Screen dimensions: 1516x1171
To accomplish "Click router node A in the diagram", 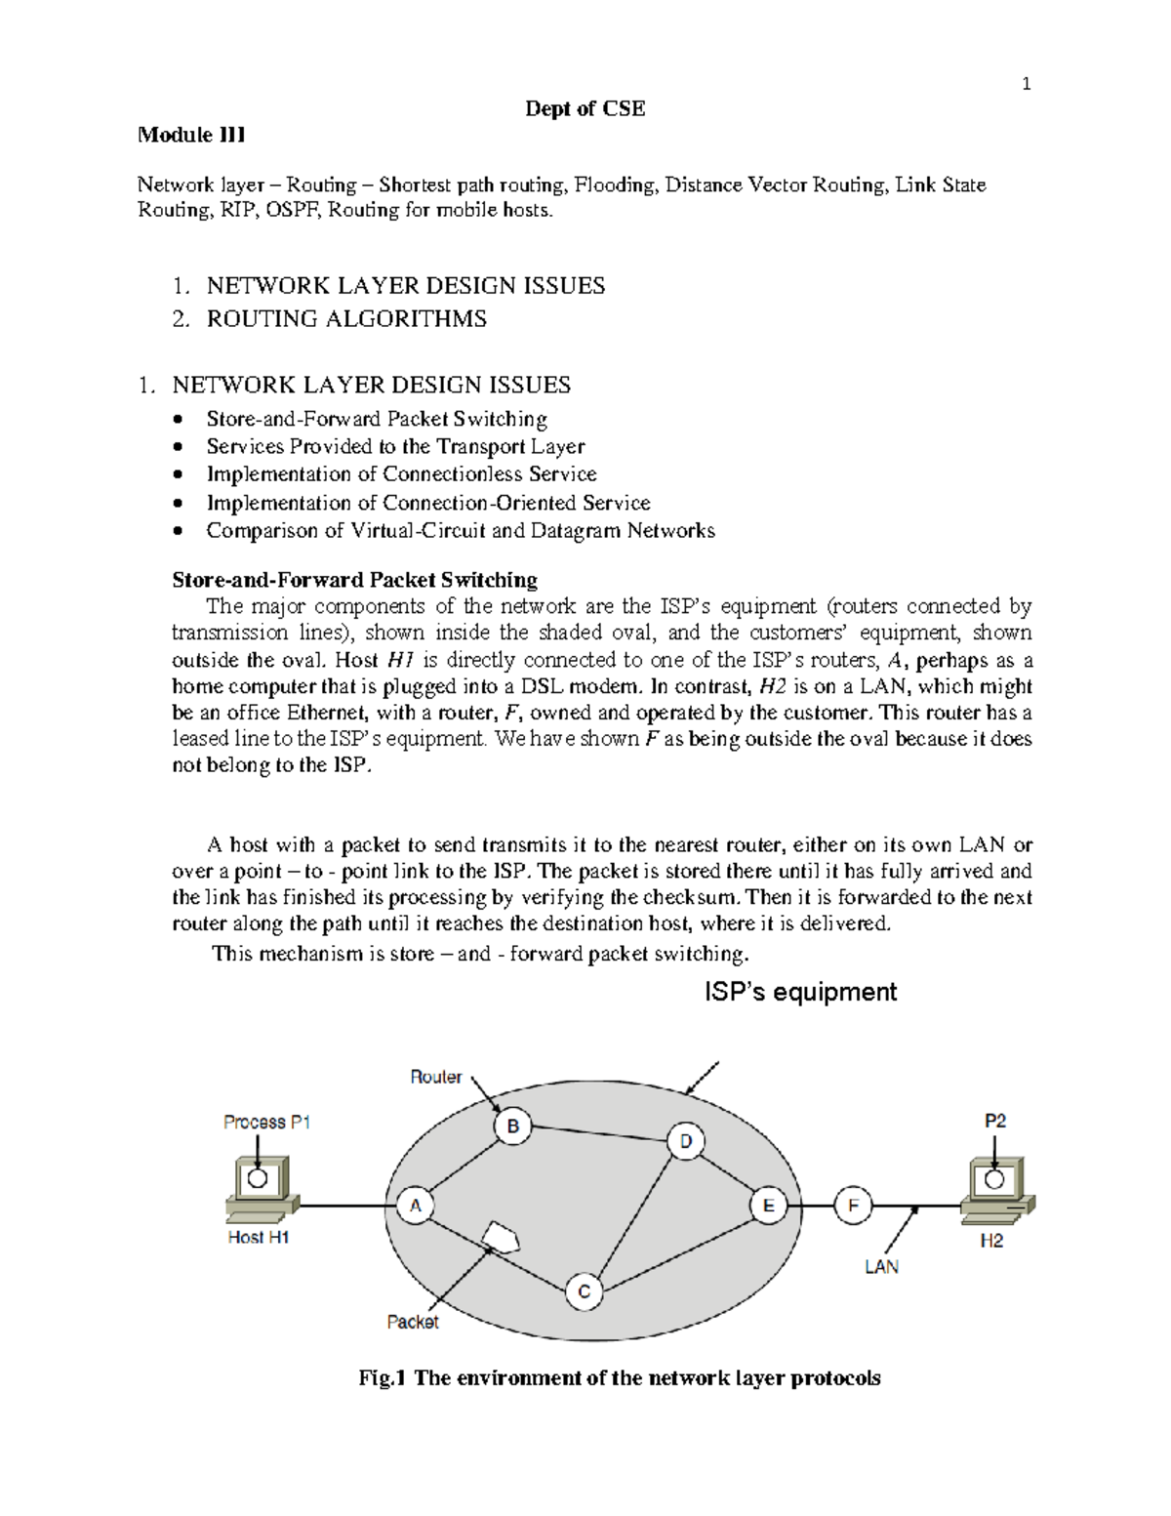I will click(415, 1206).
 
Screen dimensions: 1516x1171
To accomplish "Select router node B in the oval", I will click(512, 1127).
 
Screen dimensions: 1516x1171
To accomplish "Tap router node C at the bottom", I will click(584, 1292).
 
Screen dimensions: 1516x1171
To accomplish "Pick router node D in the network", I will click(685, 1142).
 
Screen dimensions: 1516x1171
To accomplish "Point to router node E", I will click(768, 1206).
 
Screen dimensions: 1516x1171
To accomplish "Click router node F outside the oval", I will click(853, 1206).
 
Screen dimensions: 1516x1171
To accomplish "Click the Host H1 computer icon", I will click(258, 1188).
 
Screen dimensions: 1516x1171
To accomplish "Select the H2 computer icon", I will click(994, 1190).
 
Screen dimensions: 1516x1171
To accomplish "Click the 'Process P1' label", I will click(266, 1123).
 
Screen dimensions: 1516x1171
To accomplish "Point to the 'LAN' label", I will click(881, 1266).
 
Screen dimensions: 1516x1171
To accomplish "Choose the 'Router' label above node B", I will click(435, 1077).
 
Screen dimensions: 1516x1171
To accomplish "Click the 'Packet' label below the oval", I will click(412, 1322).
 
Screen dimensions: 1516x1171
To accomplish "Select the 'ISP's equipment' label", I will click(800, 992).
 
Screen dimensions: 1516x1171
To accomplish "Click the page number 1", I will click(1026, 84).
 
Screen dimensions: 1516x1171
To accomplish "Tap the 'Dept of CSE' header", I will click(585, 108).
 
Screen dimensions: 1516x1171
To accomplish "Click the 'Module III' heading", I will click(191, 135).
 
